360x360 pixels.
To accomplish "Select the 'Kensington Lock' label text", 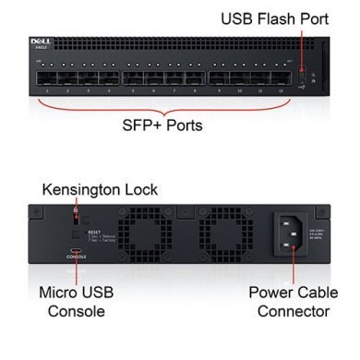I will pos(101,190).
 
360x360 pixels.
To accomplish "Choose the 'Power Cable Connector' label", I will pos(288,301).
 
